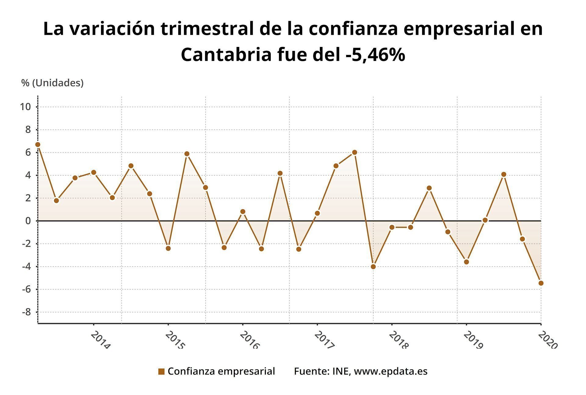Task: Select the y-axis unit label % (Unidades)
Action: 52,83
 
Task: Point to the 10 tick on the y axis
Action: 26,107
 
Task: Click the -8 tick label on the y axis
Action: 27,312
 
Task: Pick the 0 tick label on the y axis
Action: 28,221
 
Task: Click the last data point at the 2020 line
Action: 541,283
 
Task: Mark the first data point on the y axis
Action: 38,144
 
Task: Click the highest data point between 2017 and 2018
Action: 354,152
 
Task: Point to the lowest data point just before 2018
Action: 373,266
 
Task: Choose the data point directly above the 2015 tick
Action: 168,248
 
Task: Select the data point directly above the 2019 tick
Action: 466,262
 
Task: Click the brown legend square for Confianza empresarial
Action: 161,371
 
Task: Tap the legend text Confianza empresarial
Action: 221,371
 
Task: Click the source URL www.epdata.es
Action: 391,371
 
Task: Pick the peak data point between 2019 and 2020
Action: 504,174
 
